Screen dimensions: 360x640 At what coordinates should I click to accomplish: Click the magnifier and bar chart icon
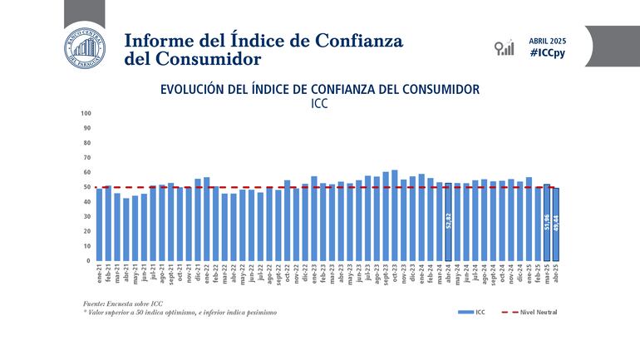(504, 47)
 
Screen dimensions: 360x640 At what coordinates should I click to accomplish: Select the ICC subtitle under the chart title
(320, 105)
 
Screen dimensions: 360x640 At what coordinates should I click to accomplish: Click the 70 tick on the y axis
(87, 157)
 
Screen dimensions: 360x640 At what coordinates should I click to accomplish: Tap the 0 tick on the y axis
(89, 261)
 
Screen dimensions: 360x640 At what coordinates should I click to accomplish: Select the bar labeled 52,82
(449, 222)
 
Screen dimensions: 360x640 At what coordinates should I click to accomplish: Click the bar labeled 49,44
(556, 224)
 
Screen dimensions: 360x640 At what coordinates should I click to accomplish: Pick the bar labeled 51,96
(547, 222)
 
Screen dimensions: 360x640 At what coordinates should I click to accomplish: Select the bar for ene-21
(99, 224)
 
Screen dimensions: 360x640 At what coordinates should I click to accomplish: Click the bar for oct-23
(394, 215)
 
